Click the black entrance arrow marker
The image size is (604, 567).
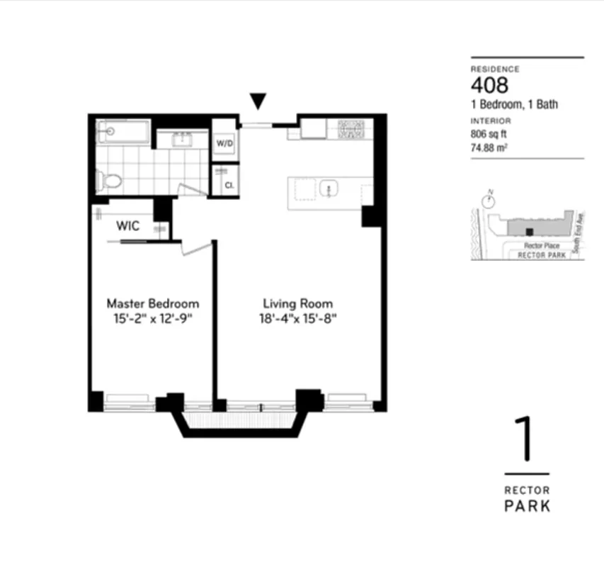[x=259, y=102]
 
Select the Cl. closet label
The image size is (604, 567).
[x=229, y=186]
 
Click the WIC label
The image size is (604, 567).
[x=127, y=227]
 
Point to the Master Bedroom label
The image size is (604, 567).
[x=152, y=303]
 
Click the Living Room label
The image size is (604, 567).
[x=298, y=303]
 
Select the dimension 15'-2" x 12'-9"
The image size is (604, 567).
[x=152, y=318]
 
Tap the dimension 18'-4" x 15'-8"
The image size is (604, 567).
[x=298, y=318]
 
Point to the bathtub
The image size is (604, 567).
[x=124, y=132]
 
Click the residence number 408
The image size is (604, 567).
[x=490, y=86]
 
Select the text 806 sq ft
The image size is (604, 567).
[x=489, y=134]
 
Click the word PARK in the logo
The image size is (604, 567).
[x=527, y=506]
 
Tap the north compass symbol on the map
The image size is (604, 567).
[x=487, y=201]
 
